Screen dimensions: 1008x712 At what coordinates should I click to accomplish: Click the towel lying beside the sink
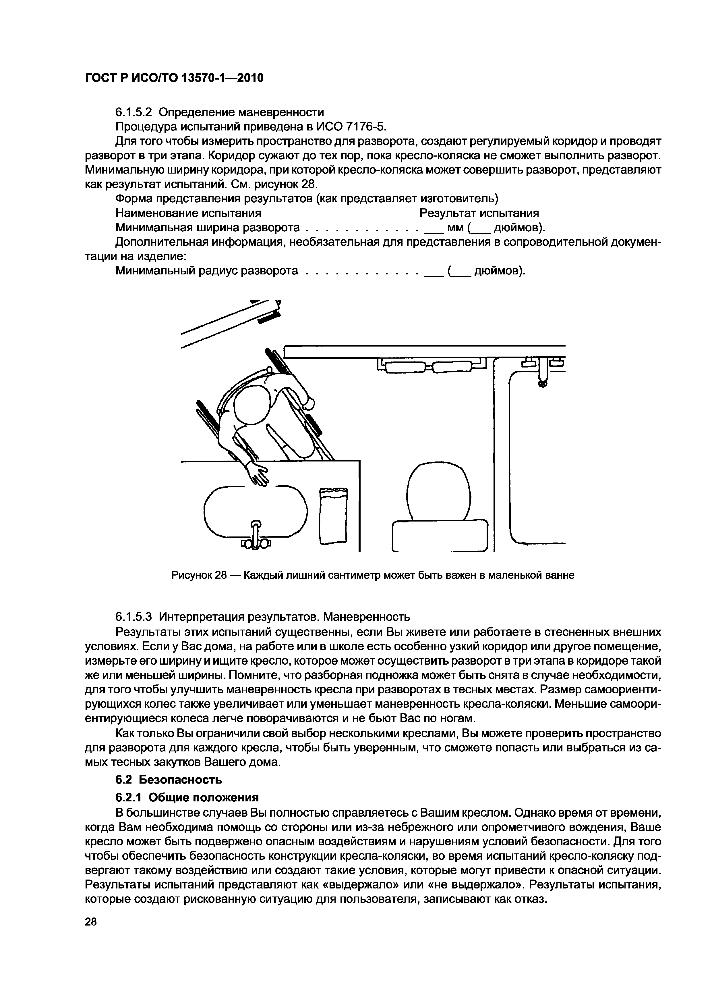pos(333,515)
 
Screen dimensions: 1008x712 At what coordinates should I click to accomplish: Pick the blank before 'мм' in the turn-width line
pos(433,228)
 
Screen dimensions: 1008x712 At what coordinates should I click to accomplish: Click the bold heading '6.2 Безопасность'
pos(169,780)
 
